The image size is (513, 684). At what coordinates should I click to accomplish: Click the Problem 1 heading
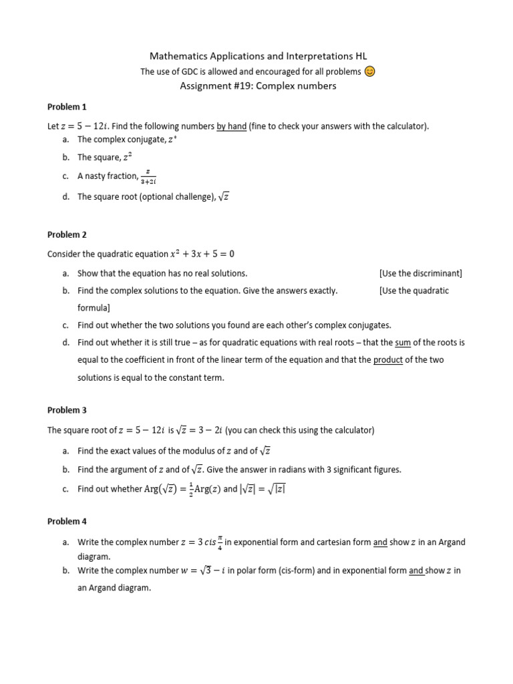(x=67, y=107)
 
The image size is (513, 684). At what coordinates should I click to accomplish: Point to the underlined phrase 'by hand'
(x=231, y=126)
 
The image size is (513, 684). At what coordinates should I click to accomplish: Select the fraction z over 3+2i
(x=148, y=176)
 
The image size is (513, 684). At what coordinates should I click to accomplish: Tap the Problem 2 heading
(x=67, y=234)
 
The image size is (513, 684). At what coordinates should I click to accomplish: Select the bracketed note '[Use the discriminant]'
(x=420, y=273)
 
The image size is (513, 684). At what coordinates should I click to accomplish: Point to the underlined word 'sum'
(x=403, y=343)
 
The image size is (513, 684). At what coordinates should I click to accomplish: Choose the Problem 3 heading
(x=67, y=410)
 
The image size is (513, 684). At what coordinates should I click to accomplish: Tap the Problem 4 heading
(x=67, y=521)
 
